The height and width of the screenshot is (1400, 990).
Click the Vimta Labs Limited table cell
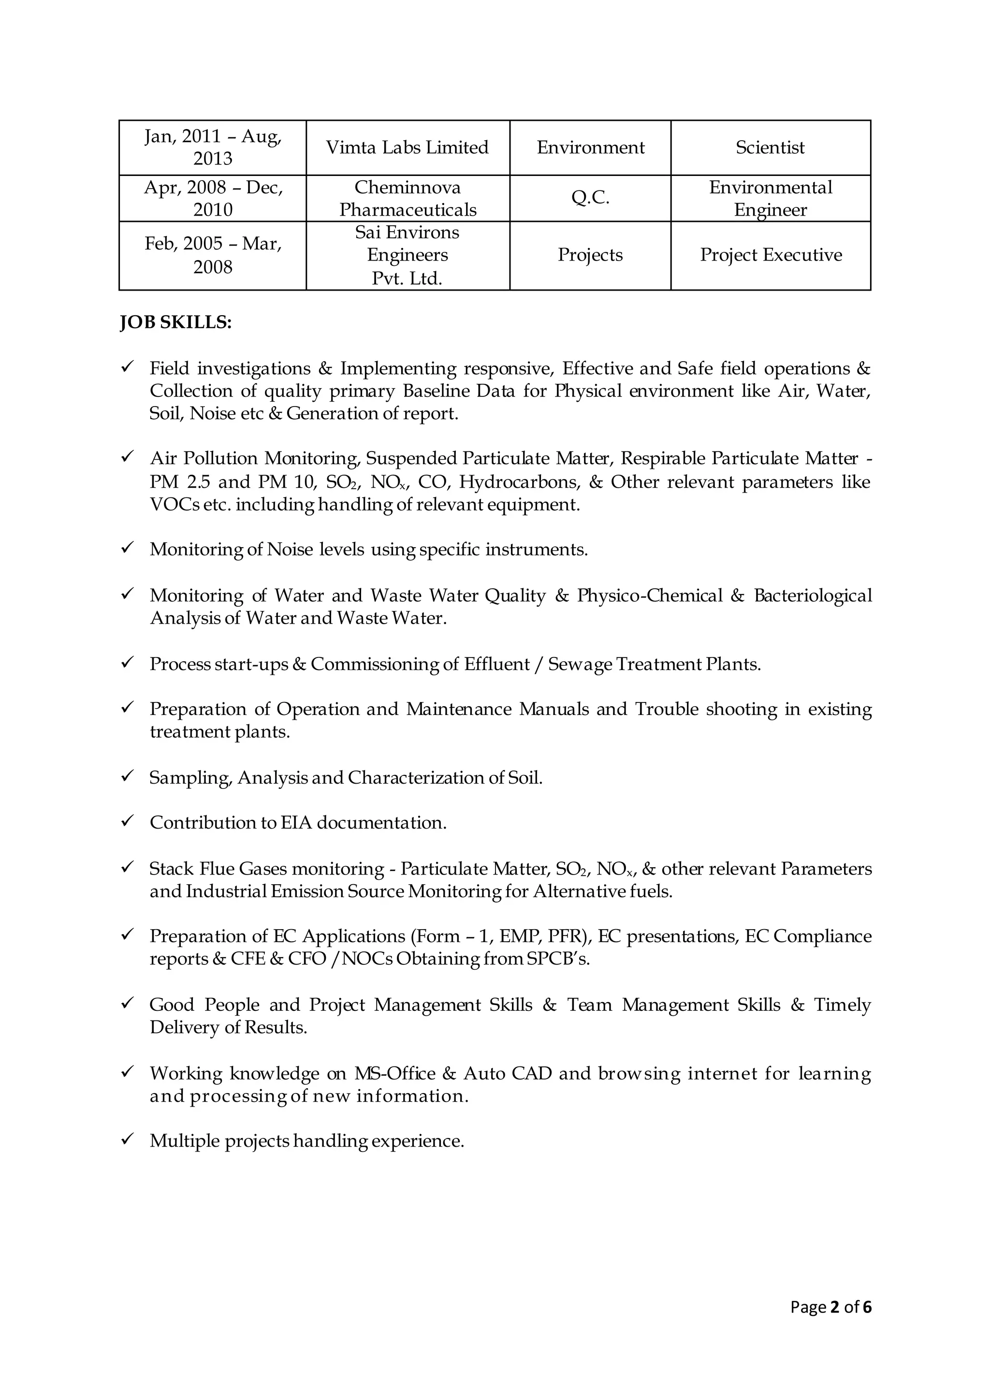tap(407, 147)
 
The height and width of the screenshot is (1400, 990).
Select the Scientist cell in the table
tap(770, 147)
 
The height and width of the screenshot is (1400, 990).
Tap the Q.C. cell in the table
tap(590, 198)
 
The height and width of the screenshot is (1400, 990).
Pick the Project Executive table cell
tap(771, 255)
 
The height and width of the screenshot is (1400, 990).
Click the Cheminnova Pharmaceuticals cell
tap(407, 198)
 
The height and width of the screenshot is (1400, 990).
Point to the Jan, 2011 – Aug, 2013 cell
tap(213, 147)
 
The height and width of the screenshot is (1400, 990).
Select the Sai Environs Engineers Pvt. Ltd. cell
tap(407, 255)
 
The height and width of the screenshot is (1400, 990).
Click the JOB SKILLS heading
tap(175, 322)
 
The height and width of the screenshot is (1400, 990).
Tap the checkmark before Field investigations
tap(128, 366)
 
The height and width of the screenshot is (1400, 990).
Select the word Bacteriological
tap(813, 595)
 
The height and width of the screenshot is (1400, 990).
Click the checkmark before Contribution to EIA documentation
tap(128, 821)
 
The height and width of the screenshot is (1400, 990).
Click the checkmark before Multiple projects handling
tap(128, 1139)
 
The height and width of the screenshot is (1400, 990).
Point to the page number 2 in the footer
tap(834, 1307)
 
